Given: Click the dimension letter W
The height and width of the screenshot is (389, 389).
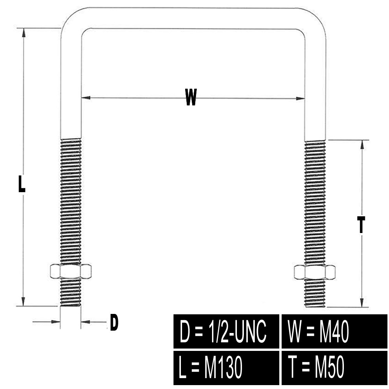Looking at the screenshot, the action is pyautogui.click(x=191, y=97).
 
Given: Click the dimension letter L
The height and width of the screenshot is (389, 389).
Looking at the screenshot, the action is pyautogui.click(x=22, y=184).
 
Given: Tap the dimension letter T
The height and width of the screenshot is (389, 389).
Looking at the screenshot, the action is pyautogui.click(x=362, y=225).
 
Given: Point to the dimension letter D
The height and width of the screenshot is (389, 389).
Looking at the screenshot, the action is pyautogui.click(x=114, y=322).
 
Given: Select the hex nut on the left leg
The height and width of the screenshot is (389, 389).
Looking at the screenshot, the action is pyautogui.click(x=71, y=271).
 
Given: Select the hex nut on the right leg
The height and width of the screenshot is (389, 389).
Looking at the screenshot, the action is pyautogui.click(x=315, y=272).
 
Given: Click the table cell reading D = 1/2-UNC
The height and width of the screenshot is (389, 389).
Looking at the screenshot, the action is pyautogui.click(x=226, y=331).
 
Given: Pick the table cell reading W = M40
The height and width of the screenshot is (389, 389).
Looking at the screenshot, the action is pyautogui.click(x=334, y=331).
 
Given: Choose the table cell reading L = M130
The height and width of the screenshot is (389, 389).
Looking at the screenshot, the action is pyautogui.click(x=226, y=368).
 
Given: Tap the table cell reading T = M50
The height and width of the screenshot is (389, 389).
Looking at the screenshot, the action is pyautogui.click(x=334, y=368).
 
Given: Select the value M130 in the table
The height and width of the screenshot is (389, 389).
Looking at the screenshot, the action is pyautogui.click(x=223, y=368).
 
